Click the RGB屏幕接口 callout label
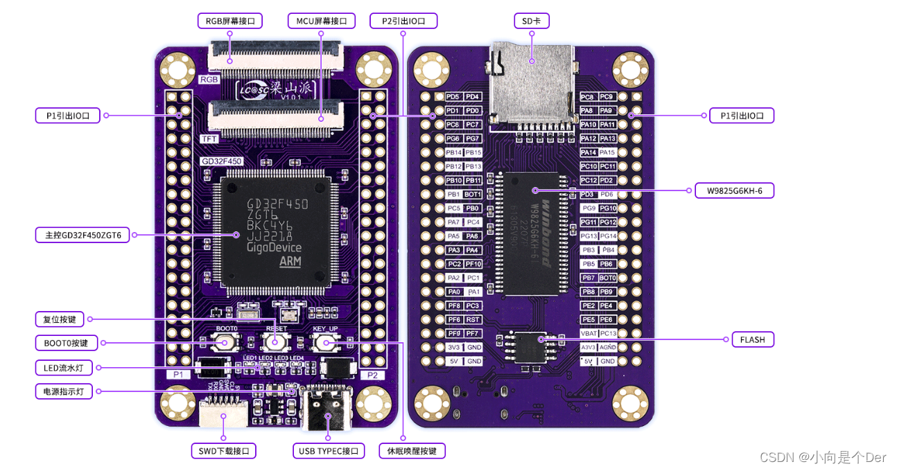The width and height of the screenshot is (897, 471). (230, 21)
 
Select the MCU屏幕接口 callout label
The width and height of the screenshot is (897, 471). (321, 21)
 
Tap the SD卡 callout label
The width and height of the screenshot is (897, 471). (532, 21)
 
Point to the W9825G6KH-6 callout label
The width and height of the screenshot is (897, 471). (734, 190)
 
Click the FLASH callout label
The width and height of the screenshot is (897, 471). (752, 339)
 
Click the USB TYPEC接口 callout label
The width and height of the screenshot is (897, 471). (329, 451)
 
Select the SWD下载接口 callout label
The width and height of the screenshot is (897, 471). (223, 451)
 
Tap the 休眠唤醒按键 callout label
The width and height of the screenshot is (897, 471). (412, 451)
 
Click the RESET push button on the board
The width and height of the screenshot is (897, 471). (275, 341)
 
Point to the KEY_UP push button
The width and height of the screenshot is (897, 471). (325, 341)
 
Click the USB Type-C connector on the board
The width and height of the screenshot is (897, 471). (329, 409)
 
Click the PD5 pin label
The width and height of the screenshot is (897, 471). (453, 97)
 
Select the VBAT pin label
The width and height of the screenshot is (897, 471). (589, 333)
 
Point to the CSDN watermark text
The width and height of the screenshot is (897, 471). (823, 457)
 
